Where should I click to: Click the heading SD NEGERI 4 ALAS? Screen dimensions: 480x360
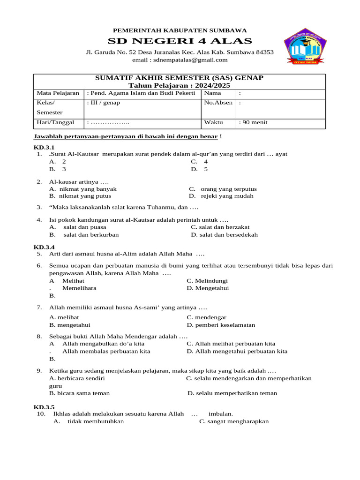(180, 41)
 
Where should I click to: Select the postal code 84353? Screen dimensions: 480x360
(264, 52)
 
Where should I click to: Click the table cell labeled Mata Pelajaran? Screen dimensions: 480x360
(58, 94)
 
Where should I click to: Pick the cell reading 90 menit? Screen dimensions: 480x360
(254, 123)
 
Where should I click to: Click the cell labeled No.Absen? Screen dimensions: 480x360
(218, 103)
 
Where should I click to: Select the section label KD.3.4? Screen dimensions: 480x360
(44, 247)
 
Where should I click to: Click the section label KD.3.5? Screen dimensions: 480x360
(44, 407)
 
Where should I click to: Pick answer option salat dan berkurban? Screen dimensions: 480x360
(91, 235)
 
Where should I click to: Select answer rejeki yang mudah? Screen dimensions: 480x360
(227, 196)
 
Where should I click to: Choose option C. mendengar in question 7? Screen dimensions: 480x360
(203, 317)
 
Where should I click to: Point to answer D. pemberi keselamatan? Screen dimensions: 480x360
(221, 325)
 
